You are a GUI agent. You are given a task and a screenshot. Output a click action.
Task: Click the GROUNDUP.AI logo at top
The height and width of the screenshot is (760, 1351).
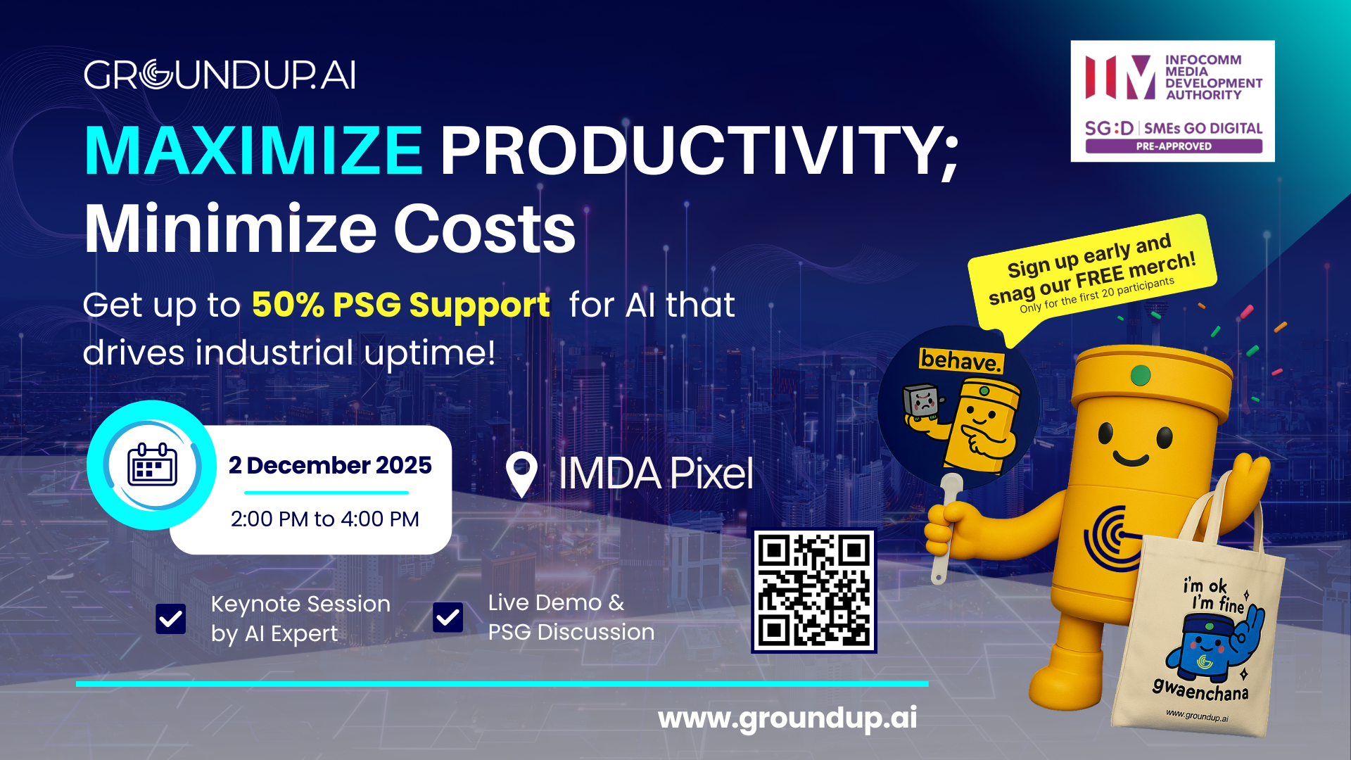pyautogui.click(x=220, y=75)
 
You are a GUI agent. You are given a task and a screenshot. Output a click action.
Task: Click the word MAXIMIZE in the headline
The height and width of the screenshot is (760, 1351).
pyautogui.click(x=253, y=151)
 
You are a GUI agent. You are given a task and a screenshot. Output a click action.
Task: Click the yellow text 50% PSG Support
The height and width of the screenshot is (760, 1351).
pyautogui.click(x=400, y=305)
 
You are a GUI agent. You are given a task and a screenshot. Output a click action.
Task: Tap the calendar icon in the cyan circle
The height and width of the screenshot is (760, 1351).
pyautogui.click(x=152, y=465)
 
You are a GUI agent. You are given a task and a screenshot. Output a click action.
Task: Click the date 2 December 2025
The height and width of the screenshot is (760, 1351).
pyautogui.click(x=330, y=465)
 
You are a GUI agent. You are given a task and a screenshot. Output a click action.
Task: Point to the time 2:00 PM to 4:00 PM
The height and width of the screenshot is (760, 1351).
pyautogui.click(x=324, y=519)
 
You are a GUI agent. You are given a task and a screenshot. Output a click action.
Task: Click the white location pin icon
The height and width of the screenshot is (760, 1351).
pyautogui.click(x=521, y=474)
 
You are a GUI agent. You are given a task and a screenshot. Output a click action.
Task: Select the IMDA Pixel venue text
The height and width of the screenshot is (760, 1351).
pyautogui.click(x=655, y=474)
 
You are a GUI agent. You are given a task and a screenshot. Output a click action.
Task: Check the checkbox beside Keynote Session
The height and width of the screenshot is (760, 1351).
pyautogui.click(x=171, y=619)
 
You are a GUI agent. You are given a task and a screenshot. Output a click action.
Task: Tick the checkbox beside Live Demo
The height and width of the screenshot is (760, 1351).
pyautogui.click(x=448, y=617)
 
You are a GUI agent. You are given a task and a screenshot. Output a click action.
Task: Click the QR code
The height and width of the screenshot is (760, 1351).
pyautogui.click(x=814, y=591)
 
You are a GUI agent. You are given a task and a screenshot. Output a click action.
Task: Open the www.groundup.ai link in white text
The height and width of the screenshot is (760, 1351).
pyautogui.click(x=787, y=718)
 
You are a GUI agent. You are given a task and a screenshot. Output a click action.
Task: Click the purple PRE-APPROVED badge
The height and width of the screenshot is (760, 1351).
pyautogui.click(x=1173, y=146)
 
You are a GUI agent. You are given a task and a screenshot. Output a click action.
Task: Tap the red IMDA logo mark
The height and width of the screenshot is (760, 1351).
pyautogui.click(x=1120, y=77)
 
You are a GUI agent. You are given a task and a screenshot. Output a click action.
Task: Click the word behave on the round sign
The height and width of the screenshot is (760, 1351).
pyautogui.click(x=960, y=360)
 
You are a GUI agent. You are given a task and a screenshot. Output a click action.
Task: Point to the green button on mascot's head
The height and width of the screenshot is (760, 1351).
pyautogui.click(x=1140, y=375)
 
